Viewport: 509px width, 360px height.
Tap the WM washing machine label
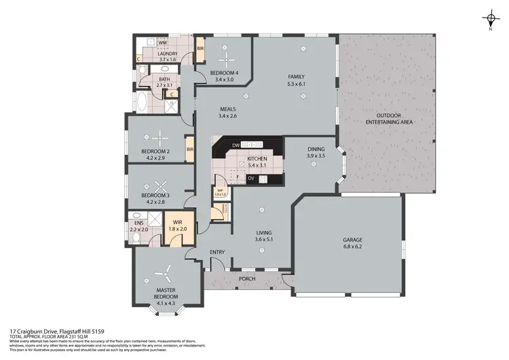tap(162, 43)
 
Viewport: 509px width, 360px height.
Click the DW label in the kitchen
tap(235, 145)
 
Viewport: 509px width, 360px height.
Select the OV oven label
tap(251, 179)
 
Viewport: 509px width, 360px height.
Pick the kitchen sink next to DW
tap(252, 145)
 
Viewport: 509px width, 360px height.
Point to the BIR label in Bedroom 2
tap(191, 149)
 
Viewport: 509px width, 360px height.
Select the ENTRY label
tap(217, 252)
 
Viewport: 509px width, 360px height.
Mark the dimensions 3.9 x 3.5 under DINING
tap(316, 156)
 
